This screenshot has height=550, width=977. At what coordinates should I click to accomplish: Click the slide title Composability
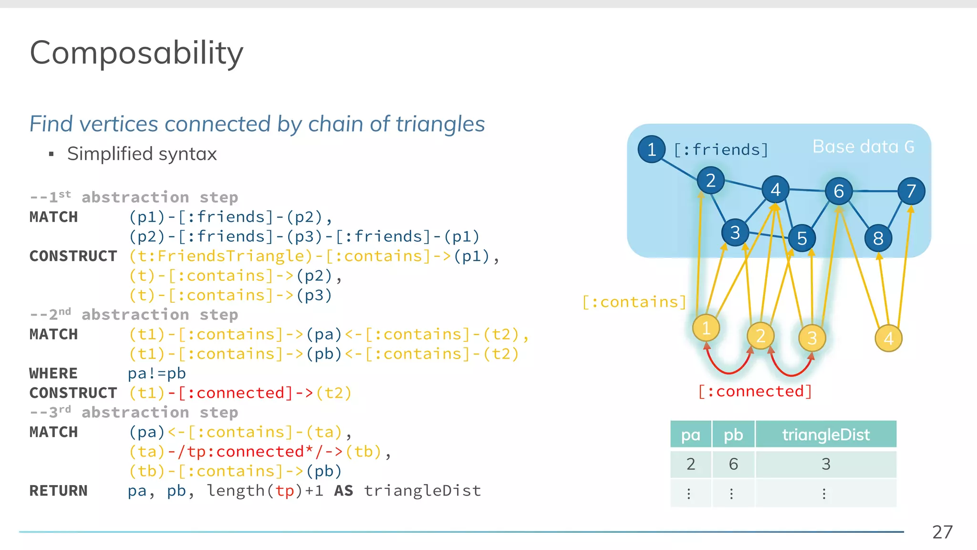coord(136,53)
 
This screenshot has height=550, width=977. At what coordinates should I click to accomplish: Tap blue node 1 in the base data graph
coord(651,149)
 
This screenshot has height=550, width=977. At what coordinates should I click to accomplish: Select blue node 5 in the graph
coord(802,238)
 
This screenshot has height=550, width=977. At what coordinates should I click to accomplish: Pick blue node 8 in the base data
coord(878,238)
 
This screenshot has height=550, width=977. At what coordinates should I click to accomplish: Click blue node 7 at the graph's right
coord(911,191)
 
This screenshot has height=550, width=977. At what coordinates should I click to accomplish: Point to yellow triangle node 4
coord(888,338)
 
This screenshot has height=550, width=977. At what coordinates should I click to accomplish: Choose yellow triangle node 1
coord(706,328)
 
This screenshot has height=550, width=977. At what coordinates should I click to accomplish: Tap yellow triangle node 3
coord(812,338)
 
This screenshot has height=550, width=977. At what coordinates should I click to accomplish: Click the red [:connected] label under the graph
coord(755,391)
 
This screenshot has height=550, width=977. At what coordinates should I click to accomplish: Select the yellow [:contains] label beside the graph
coord(634,302)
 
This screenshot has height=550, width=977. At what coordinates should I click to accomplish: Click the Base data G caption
coord(863,147)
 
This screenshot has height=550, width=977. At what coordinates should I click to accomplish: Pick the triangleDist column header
coord(826,434)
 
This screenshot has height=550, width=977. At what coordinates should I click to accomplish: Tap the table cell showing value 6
coord(733,464)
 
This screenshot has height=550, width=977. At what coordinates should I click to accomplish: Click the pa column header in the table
coord(690,434)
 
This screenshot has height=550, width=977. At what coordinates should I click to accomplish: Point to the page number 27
coord(942,532)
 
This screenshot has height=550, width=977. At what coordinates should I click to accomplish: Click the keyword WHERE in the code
coord(53,373)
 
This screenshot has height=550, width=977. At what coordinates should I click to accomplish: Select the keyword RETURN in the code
coord(58,491)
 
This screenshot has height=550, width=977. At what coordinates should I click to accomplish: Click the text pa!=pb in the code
coord(156,373)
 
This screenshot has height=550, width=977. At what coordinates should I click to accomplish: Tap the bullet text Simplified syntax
coord(142,154)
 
